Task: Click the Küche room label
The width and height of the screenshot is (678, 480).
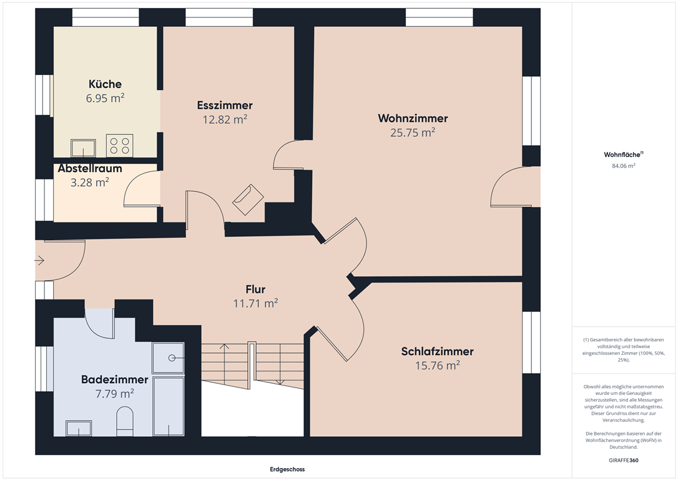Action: pos(105,84)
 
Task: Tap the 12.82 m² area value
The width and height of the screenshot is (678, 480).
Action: pos(225,119)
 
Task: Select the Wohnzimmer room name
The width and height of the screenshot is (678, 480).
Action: pos(413,118)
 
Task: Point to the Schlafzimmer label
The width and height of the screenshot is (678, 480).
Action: pos(437,351)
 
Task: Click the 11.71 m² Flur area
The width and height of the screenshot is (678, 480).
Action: pos(255,303)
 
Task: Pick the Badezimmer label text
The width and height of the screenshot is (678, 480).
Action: pos(115,379)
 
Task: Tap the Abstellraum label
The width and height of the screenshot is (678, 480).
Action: pos(90,168)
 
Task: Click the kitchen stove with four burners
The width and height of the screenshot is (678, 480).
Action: pos(120,146)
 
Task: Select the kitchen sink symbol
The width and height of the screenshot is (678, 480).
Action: pos(84,148)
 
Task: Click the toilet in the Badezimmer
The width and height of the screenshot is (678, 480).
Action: pos(125,421)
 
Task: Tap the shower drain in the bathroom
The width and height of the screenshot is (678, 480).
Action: pos(172,357)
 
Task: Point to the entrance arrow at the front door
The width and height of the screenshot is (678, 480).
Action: pos(39,261)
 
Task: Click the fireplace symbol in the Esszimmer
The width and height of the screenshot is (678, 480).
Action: pos(248,199)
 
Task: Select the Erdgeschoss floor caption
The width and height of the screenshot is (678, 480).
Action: pos(287,469)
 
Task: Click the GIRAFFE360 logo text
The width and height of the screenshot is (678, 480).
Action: pos(624,460)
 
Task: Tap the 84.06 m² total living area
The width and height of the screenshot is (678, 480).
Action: pos(624,166)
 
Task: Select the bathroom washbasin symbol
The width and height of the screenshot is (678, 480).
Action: pos(79,428)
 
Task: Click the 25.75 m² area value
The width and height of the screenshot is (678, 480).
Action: pos(413,132)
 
